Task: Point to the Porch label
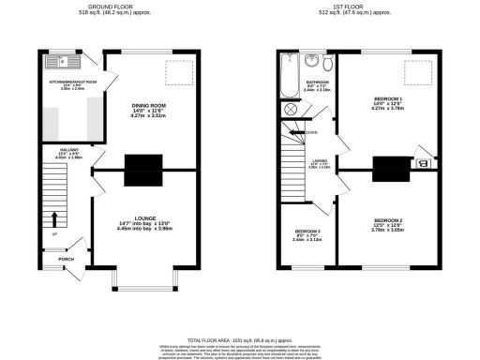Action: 66,260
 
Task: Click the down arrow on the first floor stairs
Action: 300,133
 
